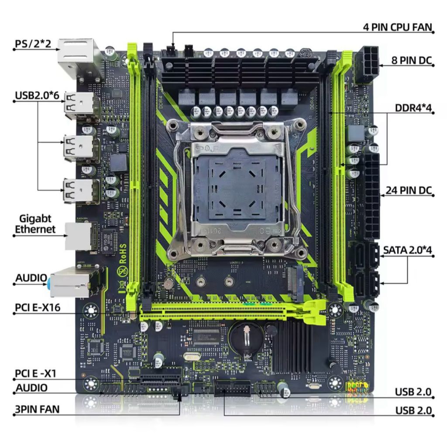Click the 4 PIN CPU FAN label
click(x=398, y=27)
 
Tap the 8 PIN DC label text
click(x=412, y=60)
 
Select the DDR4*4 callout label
click(x=413, y=108)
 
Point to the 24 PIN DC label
click(x=409, y=190)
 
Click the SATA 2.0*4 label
click(x=407, y=250)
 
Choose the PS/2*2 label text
click(x=33, y=44)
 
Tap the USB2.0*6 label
click(x=37, y=95)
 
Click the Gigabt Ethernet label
click(x=35, y=224)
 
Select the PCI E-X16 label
click(x=38, y=307)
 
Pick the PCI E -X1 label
click(x=36, y=373)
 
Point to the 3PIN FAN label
click(x=37, y=409)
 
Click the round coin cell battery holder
click(x=247, y=339)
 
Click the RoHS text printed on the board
click(x=123, y=254)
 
